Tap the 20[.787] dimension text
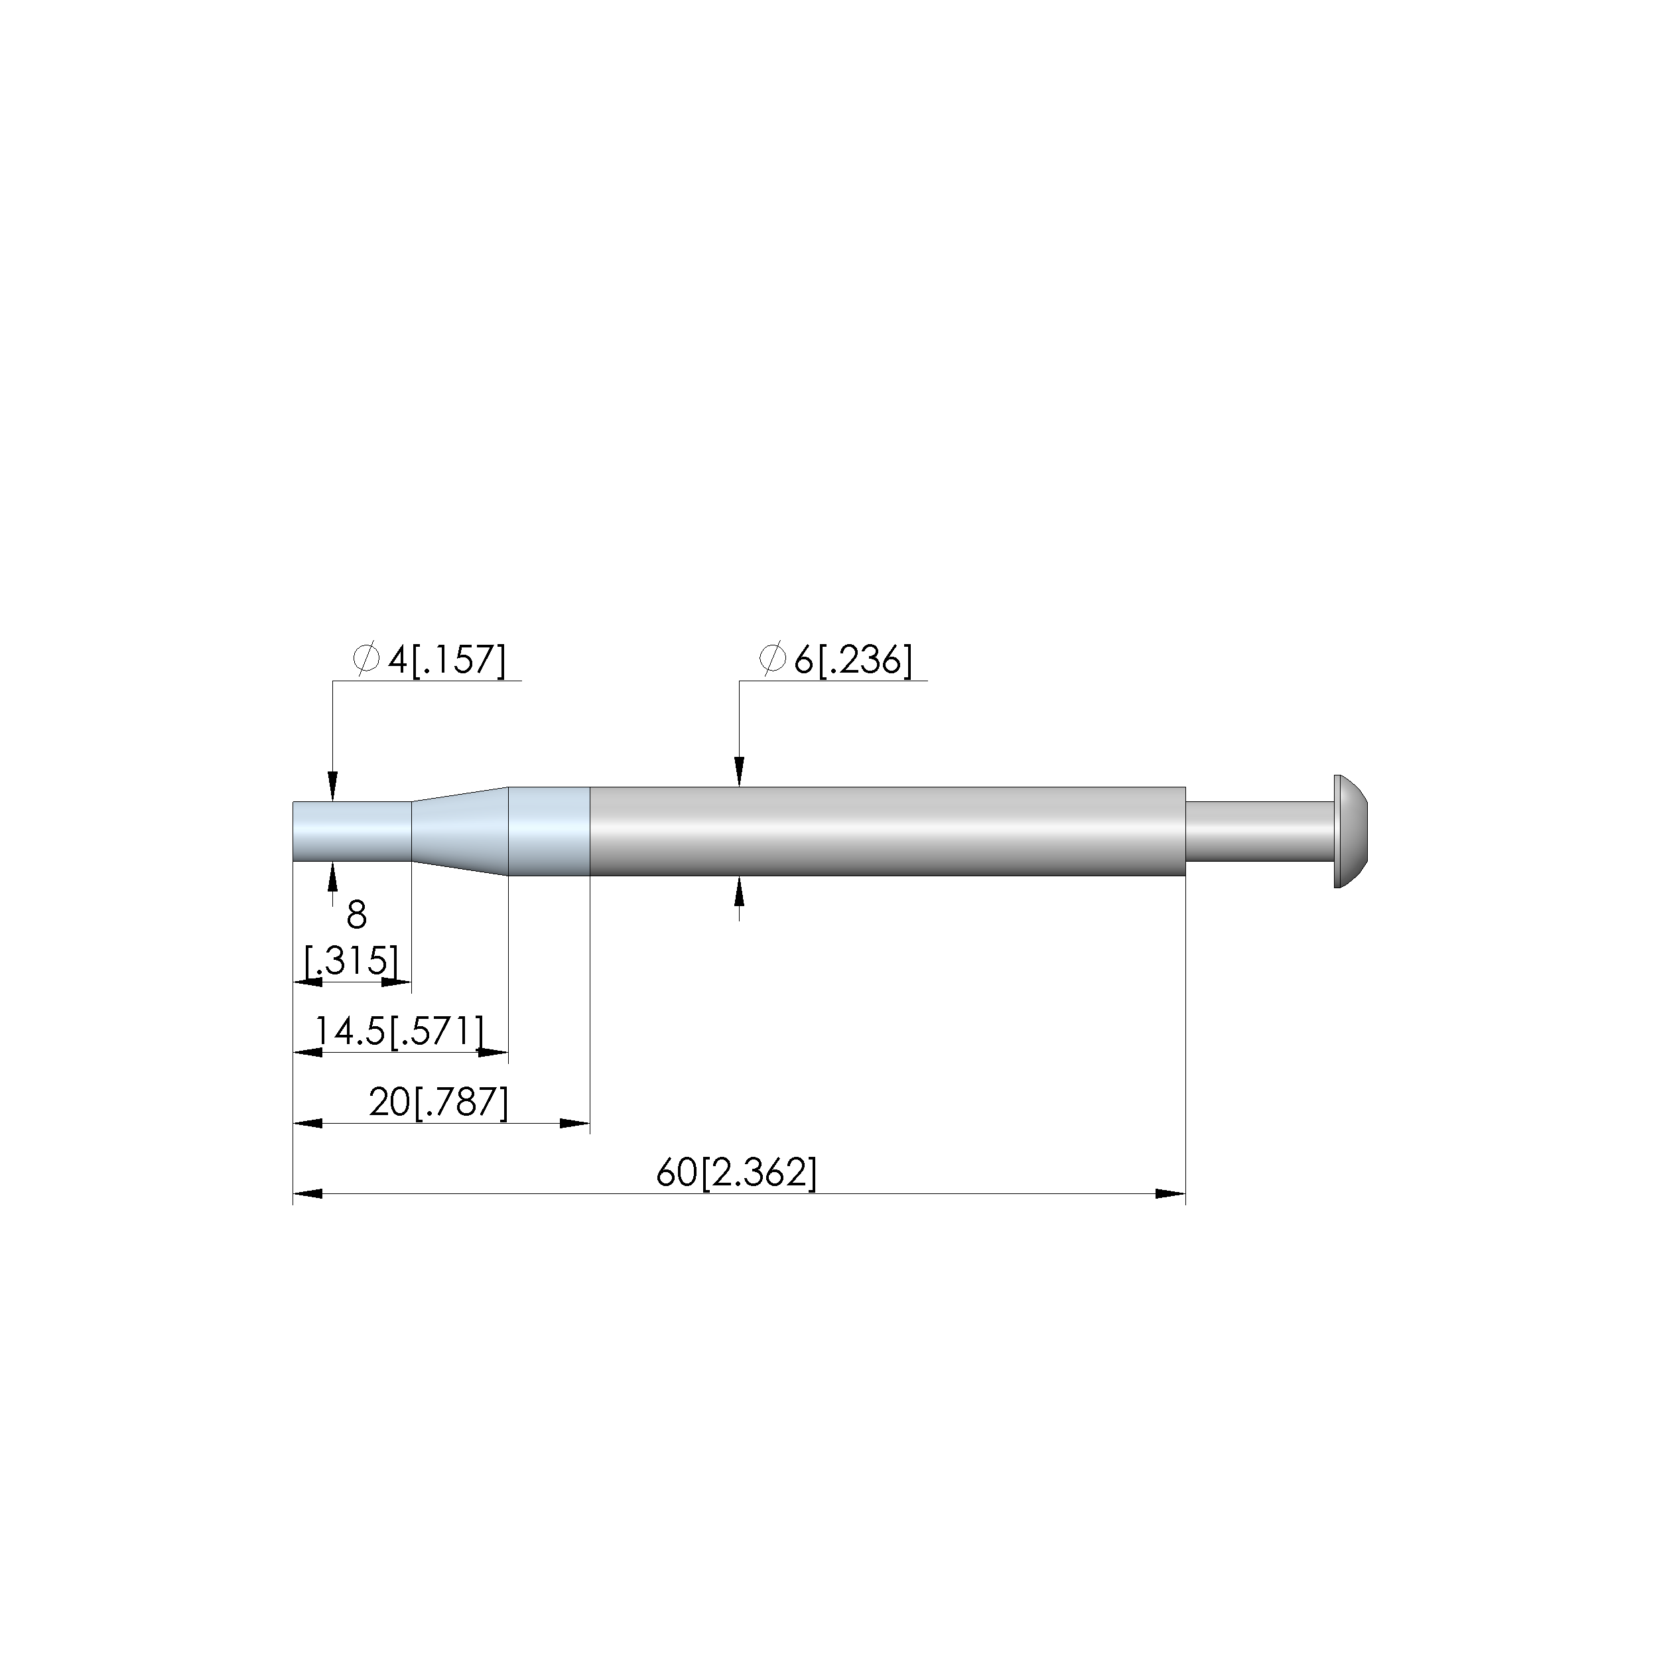click(439, 1102)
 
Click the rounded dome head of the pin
click(1351, 831)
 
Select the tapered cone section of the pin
click(461, 831)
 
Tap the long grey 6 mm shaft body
click(888, 831)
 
